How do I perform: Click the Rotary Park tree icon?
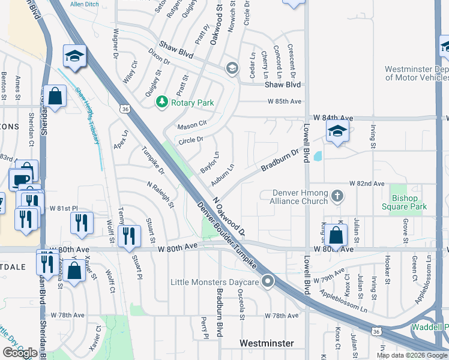(x=161, y=103)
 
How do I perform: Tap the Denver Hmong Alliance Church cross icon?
(x=337, y=195)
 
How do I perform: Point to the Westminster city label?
(x=267, y=343)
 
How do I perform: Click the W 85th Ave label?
(x=285, y=101)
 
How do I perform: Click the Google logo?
(x=20, y=352)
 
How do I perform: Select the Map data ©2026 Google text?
(x=411, y=355)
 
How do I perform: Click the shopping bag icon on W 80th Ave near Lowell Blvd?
(x=337, y=236)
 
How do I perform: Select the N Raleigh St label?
(x=160, y=195)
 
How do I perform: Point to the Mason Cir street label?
(x=192, y=127)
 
